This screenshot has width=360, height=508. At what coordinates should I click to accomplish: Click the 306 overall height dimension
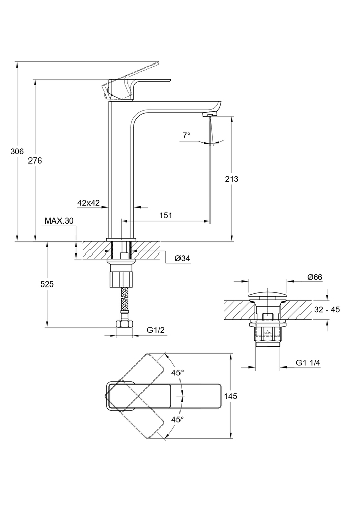(x=17, y=151)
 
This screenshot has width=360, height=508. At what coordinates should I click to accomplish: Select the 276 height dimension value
(x=35, y=161)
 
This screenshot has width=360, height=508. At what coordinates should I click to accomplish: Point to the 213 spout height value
(x=231, y=179)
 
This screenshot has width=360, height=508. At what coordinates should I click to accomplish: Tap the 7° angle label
(x=186, y=135)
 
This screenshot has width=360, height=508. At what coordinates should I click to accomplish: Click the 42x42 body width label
(x=88, y=203)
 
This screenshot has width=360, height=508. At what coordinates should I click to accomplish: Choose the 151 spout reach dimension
(x=165, y=215)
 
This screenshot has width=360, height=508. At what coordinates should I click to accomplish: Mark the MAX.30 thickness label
(x=59, y=220)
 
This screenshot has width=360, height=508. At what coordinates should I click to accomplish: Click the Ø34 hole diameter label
(x=182, y=259)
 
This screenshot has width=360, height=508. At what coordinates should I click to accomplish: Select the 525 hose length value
(x=47, y=284)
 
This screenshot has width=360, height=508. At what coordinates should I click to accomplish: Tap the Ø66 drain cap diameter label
(x=315, y=277)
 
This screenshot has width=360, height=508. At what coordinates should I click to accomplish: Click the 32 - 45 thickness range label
(x=327, y=310)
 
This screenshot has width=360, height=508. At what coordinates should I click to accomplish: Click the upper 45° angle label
(x=177, y=373)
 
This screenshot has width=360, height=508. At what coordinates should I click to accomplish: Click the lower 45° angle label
(x=177, y=420)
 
